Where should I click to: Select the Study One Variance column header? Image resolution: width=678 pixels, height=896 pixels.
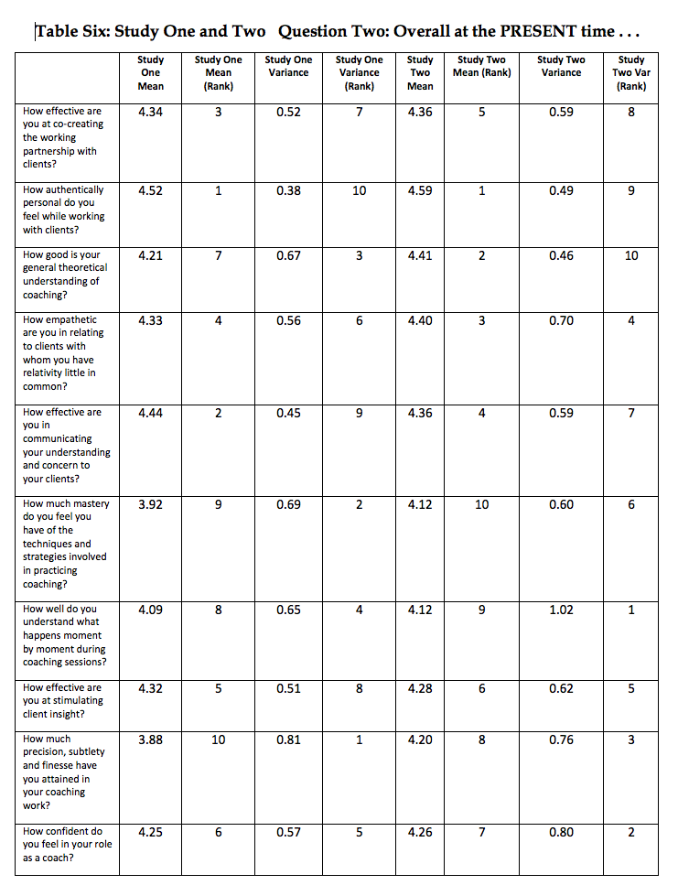pos(288,67)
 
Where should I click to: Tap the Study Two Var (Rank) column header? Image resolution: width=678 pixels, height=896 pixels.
pos(631,73)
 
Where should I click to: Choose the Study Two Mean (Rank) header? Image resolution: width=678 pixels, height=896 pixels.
pos(482,67)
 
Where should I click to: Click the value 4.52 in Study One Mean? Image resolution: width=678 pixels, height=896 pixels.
pos(151,191)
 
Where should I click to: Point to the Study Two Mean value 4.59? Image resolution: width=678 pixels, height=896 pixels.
pos(420,191)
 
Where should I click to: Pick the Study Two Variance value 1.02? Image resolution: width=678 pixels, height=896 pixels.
pos(561,610)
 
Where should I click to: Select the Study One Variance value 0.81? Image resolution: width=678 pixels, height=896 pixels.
pos(288,740)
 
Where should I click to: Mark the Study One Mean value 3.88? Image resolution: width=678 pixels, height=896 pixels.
pos(151,740)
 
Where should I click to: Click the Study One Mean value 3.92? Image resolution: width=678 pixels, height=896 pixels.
pos(151,504)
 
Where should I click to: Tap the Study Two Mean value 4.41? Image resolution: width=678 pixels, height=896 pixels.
pos(420,256)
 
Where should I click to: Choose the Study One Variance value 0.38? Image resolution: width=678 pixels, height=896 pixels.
pos(288,191)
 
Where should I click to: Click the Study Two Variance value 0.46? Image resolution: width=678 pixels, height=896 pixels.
pos(561,256)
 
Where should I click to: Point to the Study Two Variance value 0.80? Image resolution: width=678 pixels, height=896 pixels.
pos(561,832)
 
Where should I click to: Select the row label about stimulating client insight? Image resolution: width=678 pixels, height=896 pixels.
pos(63,700)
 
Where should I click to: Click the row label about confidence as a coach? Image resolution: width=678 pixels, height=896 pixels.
pos(67,845)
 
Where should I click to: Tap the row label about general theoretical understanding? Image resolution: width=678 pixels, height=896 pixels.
pos(64,275)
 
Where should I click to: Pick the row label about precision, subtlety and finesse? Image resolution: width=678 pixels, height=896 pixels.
pos(59,772)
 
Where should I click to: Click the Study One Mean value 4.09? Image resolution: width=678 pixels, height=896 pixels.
pos(151,610)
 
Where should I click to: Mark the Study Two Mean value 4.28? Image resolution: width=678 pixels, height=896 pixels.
pos(420,688)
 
